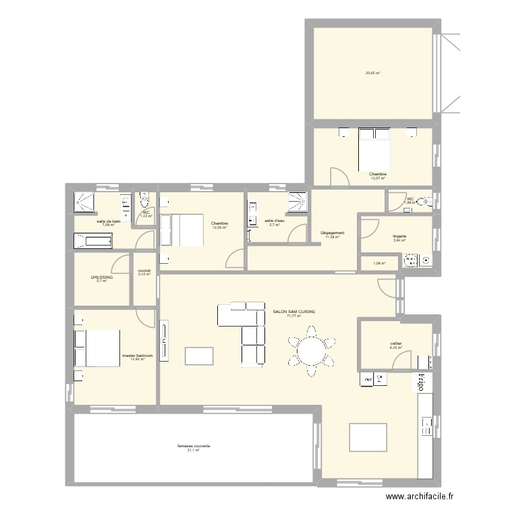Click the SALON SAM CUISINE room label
point(293,312)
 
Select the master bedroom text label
point(138,356)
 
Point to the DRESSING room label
point(102,277)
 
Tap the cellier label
point(395,343)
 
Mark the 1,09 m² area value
point(379,262)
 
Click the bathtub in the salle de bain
point(93,240)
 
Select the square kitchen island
point(368,437)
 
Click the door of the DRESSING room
point(121,262)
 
